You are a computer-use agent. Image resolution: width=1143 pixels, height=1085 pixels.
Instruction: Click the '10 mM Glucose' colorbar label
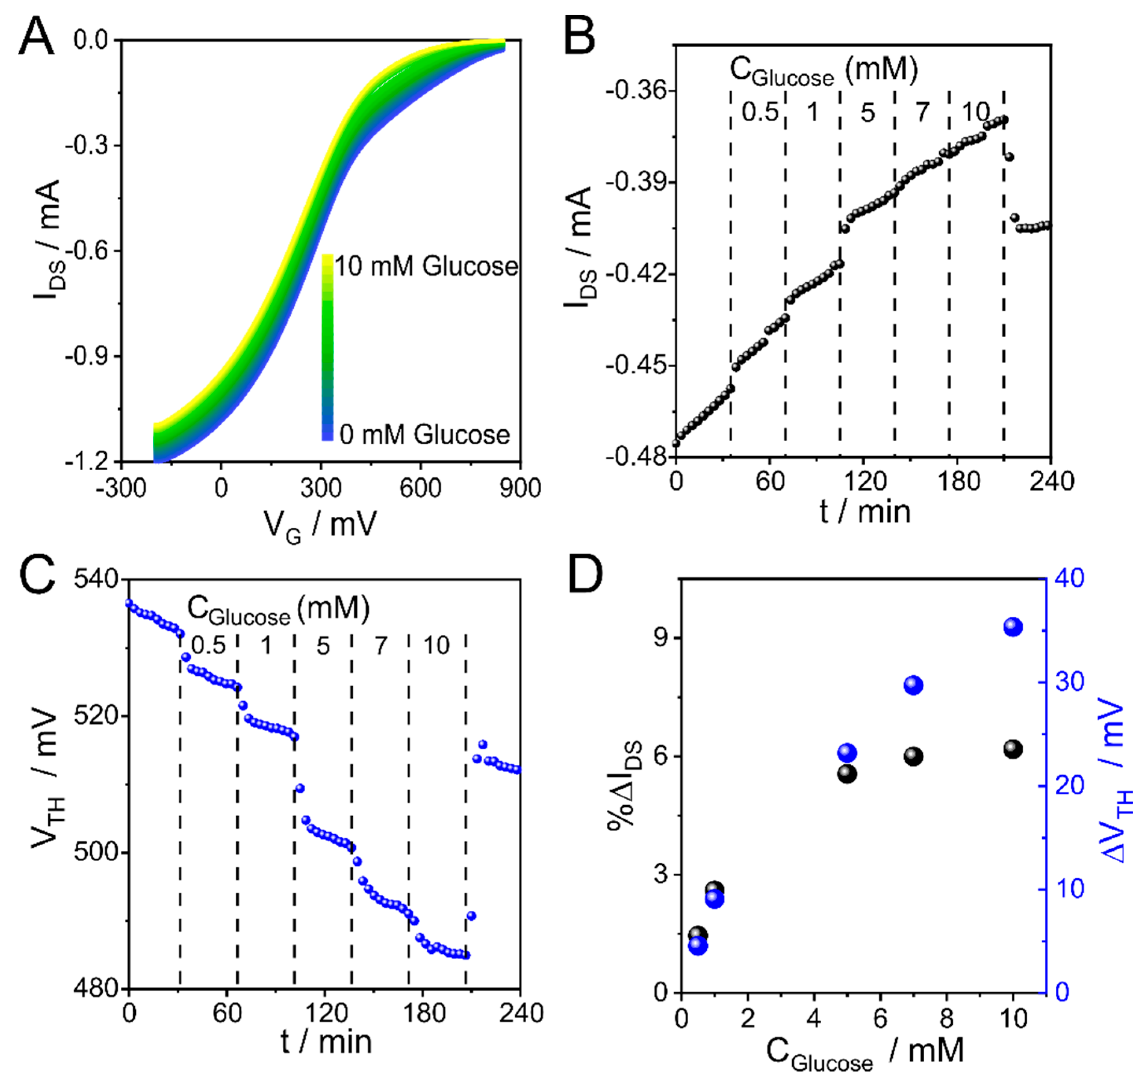click(426, 266)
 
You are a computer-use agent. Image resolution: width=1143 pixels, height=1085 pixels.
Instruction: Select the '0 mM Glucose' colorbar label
click(424, 434)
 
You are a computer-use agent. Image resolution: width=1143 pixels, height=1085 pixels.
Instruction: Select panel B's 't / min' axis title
click(865, 511)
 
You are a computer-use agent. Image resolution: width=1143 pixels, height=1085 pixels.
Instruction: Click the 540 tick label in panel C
click(96, 579)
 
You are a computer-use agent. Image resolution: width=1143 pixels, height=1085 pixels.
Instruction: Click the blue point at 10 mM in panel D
click(1013, 627)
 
